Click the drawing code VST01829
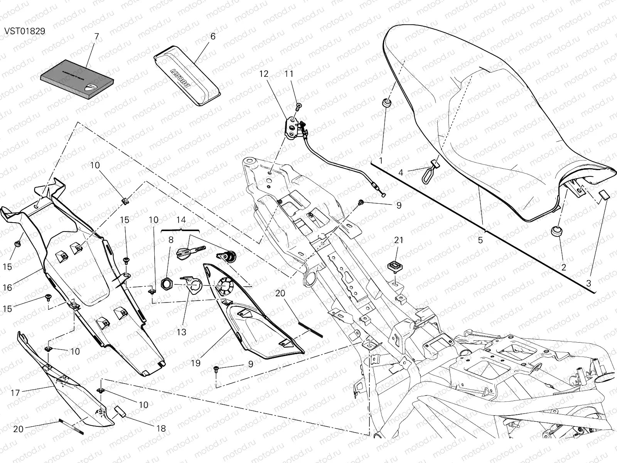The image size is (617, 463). pyautogui.click(x=25, y=31)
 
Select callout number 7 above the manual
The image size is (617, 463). pyautogui.click(x=96, y=37)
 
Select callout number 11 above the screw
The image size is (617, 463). pyautogui.click(x=300, y=74)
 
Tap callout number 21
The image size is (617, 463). pyautogui.click(x=398, y=240)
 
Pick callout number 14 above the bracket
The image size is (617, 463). pyautogui.click(x=181, y=220)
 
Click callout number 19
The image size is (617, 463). pyautogui.click(x=196, y=363)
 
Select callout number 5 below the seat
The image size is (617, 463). pyautogui.click(x=480, y=240)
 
